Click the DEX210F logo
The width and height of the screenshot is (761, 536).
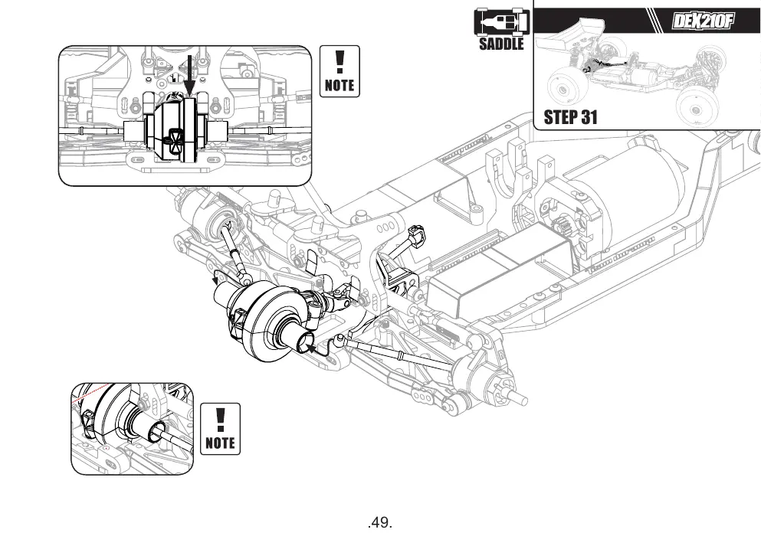[x=702, y=21]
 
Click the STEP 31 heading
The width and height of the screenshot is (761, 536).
[x=570, y=117]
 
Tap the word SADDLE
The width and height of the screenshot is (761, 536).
[x=501, y=44]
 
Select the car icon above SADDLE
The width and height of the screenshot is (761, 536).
[x=501, y=21]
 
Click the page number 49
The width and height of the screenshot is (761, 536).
[x=380, y=522]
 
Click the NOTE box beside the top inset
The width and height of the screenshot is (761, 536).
[x=339, y=71]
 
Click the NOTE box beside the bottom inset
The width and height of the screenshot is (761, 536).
[x=221, y=429]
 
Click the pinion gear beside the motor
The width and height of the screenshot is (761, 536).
[x=563, y=227]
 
